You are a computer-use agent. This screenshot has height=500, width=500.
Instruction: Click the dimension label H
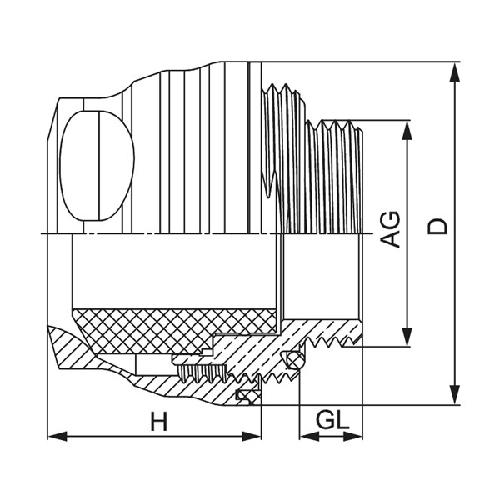[159, 421]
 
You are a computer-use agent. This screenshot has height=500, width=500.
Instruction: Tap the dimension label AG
[391, 229]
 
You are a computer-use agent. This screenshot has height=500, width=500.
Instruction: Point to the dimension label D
[437, 227]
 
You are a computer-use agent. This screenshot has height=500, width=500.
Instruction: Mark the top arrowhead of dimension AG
[407, 131]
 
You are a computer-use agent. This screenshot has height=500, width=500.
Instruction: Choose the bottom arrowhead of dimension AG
[407, 337]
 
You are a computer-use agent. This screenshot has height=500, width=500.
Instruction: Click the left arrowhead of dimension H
[57, 436]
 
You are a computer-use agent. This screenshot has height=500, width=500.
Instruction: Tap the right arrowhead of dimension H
[252, 436]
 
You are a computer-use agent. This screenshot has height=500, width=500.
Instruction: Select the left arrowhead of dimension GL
[309, 436]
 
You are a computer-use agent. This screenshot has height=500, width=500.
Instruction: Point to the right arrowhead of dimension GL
[352, 436]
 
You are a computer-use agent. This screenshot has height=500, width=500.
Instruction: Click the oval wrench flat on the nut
[97, 166]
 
